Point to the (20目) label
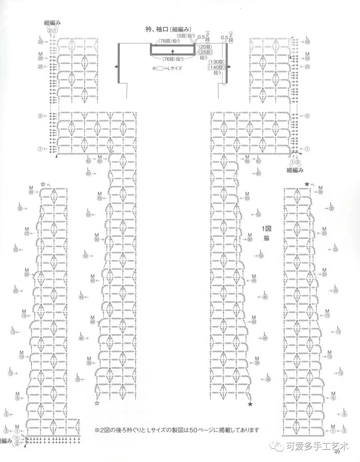(204, 47)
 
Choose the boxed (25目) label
(204, 52)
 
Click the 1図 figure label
(266, 229)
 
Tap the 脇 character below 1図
(266, 238)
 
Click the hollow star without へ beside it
(97, 403)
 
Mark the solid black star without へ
(250, 404)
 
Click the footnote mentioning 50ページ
(177, 430)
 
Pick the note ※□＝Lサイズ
(167, 69)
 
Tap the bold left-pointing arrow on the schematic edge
(116, 67)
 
